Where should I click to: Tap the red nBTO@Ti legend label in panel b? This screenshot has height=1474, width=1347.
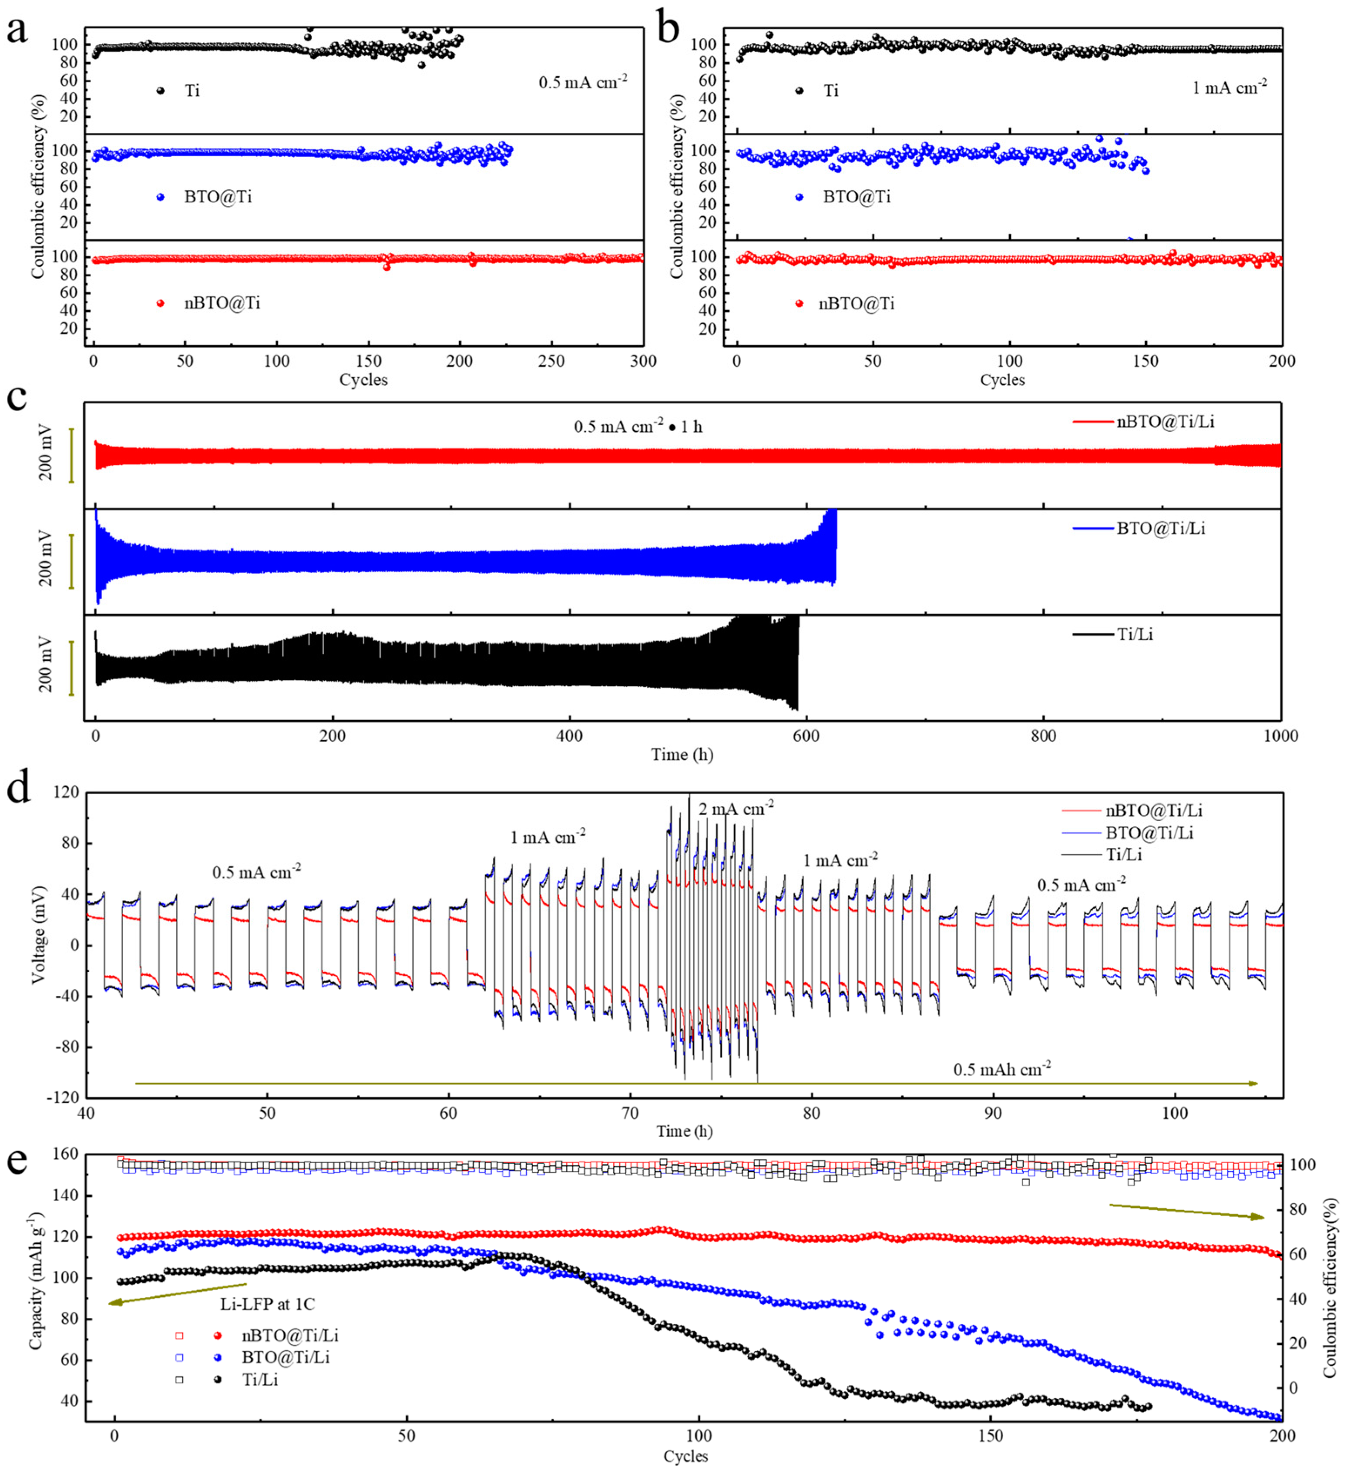pos(856,303)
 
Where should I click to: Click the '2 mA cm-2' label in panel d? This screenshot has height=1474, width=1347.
pos(736,809)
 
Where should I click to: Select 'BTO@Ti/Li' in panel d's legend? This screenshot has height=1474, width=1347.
pos(1149,833)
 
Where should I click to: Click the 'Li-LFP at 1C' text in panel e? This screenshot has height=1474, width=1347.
pos(267,1304)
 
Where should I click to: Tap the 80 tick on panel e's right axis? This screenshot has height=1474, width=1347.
pos(1297,1210)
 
